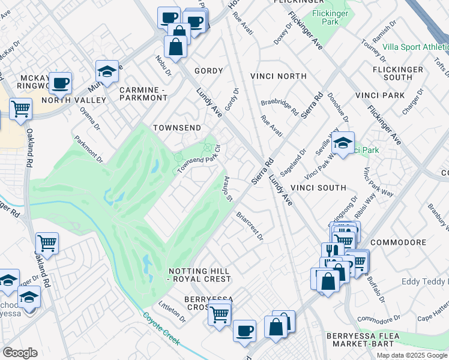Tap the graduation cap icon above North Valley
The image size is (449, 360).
[x=106, y=71]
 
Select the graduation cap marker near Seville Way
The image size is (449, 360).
[x=343, y=143]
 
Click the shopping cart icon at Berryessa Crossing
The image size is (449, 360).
[x=220, y=313]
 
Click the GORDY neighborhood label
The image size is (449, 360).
[x=208, y=71]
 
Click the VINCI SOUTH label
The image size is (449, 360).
[x=318, y=188]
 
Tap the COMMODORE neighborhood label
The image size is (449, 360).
[x=398, y=242]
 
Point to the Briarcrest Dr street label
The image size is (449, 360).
[x=250, y=226]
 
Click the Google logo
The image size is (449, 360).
[x=20, y=352]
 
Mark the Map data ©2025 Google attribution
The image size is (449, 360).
[x=412, y=355]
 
